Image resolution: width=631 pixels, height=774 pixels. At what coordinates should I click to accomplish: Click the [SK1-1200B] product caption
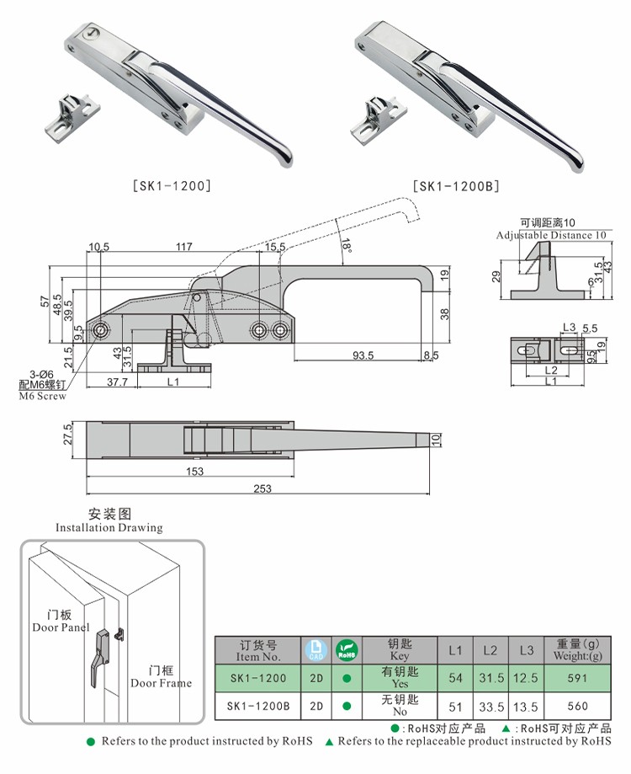tap(455, 185)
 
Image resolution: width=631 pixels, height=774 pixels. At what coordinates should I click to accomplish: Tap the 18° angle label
tap(347, 246)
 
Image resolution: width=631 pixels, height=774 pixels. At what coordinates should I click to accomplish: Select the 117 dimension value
tap(184, 248)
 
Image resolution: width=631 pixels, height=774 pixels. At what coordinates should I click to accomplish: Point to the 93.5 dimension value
tap(363, 355)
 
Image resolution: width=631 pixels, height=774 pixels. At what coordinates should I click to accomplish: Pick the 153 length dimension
tap(194, 472)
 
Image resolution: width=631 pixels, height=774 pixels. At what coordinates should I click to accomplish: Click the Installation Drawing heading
tap(109, 527)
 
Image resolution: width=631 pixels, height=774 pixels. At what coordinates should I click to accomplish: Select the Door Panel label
tap(61, 627)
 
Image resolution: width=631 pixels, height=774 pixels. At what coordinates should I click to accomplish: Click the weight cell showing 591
tap(578, 678)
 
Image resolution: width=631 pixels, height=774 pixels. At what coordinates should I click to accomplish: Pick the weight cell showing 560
tap(578, 706)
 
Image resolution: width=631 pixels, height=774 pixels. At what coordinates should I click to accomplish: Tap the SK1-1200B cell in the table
tap(257, 706)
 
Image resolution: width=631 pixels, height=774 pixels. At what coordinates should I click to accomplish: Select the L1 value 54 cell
tap(455, 678)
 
